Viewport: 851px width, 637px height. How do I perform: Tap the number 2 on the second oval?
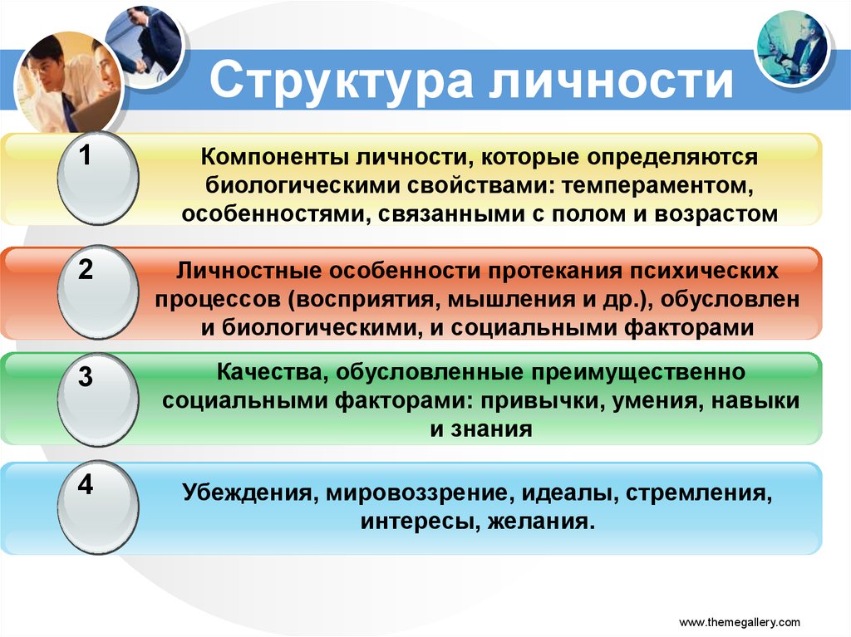pyautogui.click(x=86, y=271)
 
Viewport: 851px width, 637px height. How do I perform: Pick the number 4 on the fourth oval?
pyautogui.click(x=86, y=485)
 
